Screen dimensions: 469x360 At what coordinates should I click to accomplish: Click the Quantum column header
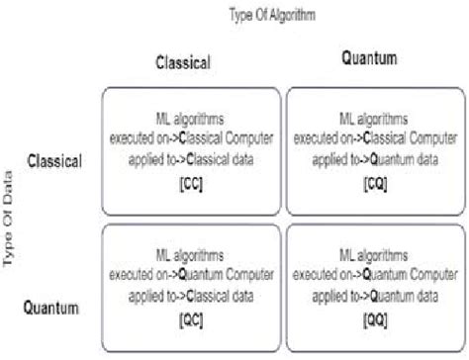(x=370, y=59)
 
